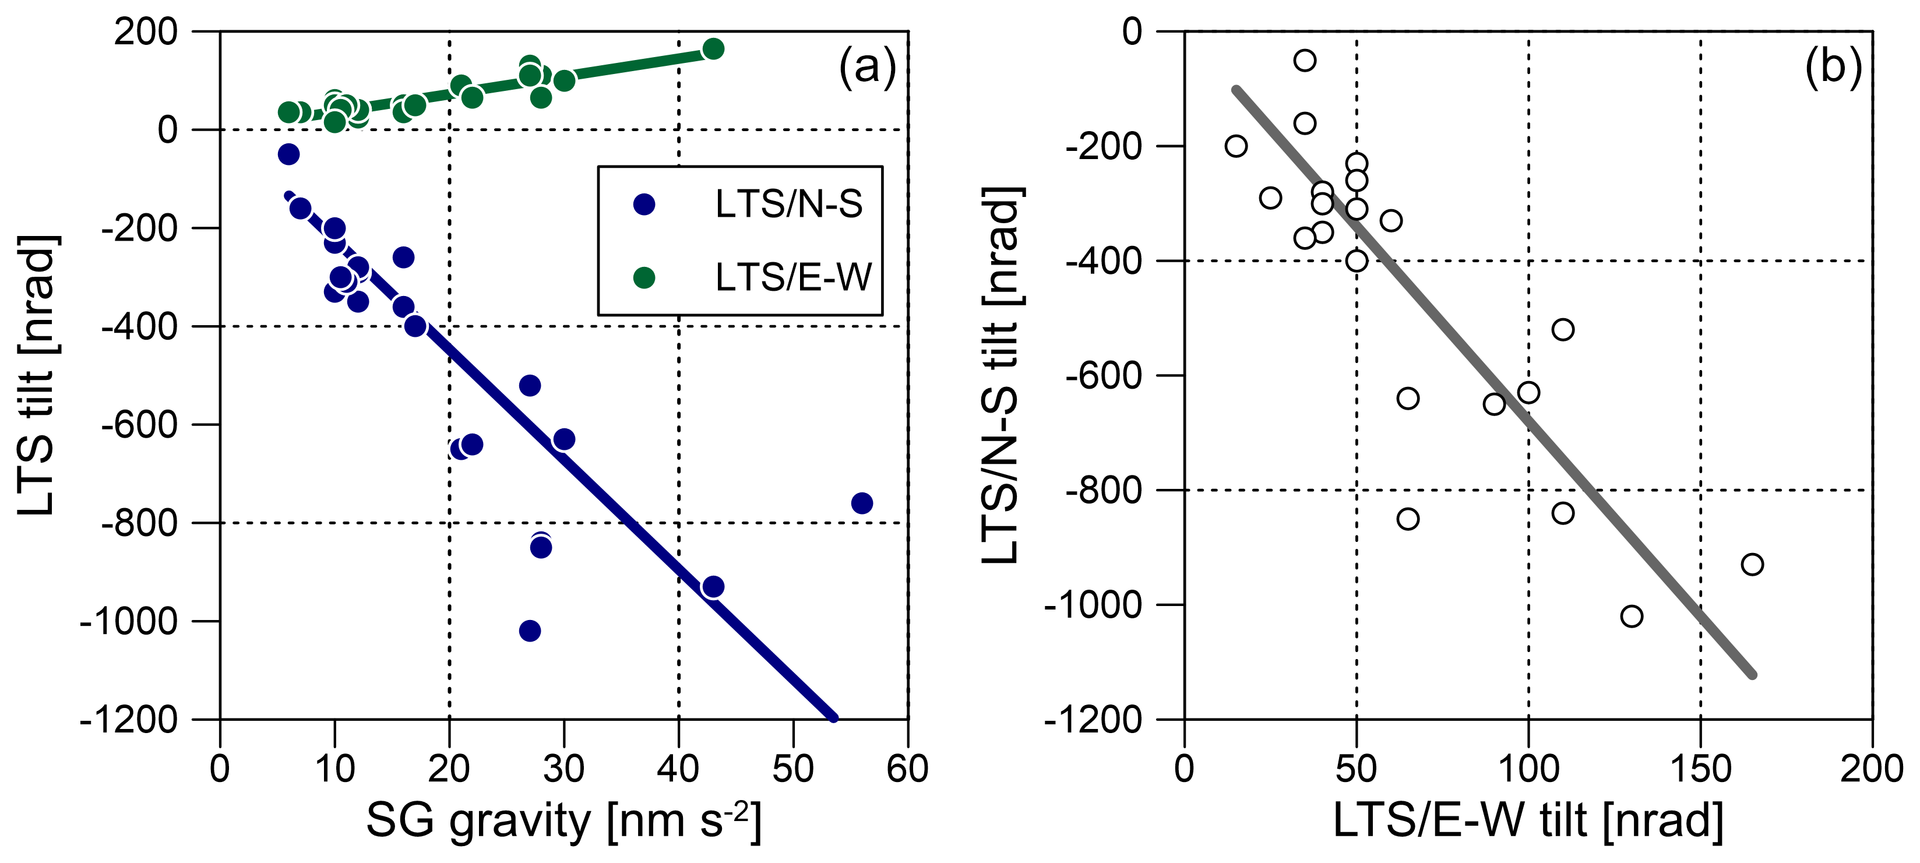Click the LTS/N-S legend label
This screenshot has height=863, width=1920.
(x=788, y=204)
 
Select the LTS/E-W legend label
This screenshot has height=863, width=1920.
(x=792, y=278)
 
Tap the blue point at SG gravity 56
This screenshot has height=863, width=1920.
(x=862, y=503)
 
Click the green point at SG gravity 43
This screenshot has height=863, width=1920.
(x=713, y=49)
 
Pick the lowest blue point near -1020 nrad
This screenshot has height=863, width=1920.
(x=529, y=630)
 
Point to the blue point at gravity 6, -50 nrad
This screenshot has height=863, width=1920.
(x=288, y=154)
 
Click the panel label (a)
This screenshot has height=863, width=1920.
(x=867, y=67)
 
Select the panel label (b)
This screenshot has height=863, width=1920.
(x=1833, y=67)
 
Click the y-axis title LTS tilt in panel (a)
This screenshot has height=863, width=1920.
(x=37, y=375)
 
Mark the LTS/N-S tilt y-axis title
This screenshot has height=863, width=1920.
(x=1001, y=375)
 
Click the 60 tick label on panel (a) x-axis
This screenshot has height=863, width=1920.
(x=907, y=769)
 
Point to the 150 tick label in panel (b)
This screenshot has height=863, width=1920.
(x=1700, y=769)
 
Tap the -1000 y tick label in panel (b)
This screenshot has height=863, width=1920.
(x=1093, y=605)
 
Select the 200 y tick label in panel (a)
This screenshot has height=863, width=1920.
(x=146, y=32)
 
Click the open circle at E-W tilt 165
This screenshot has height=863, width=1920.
(x=1752, y=564)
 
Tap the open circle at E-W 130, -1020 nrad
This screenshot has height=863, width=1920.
(x=1632, y=617)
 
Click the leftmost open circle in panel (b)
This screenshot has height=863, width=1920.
(x=1236, y=146)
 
